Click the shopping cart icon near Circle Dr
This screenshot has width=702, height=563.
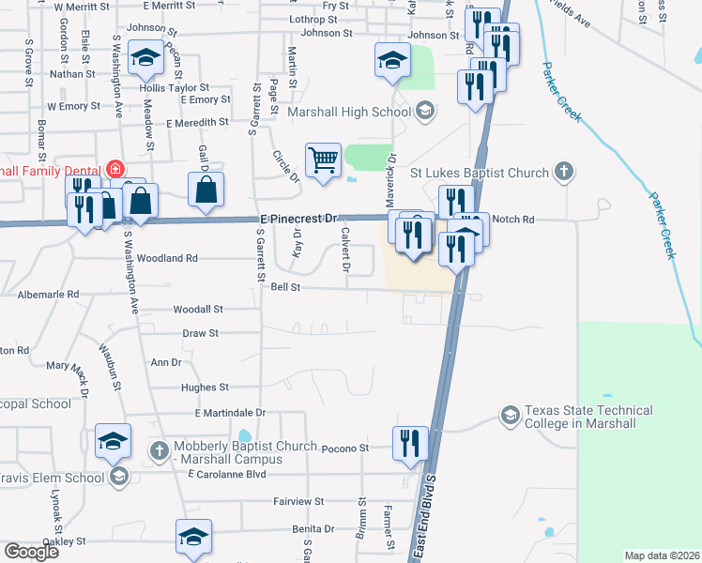(323, 160)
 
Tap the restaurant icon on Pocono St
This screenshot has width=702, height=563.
(408, 443)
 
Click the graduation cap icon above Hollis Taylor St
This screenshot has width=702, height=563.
(145, 60)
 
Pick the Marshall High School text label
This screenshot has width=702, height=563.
(349, 113)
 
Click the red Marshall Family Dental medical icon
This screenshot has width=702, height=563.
(114, 170)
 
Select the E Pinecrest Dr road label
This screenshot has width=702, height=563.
(298, 219)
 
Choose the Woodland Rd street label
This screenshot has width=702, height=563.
(167, 257)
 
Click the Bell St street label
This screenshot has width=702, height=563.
(284, 288)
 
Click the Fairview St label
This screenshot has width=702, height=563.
(299, 502)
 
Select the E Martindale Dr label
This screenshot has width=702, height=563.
(230, 412)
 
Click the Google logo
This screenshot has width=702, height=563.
(31, 551)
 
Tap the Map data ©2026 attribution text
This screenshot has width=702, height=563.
(662, 555)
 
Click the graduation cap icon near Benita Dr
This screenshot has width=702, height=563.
(193, 537)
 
